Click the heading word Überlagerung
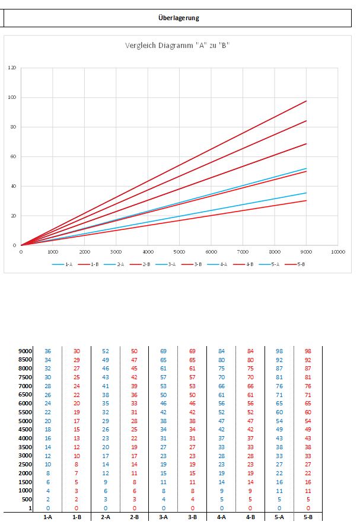(x=179, y=18)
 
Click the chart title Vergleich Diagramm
(x=177, y=46)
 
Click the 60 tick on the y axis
(x=14, y=156)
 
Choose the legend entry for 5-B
(x=297, y=264)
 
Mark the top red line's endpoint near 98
(x=306, y=101)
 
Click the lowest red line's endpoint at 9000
(x=306, y=200)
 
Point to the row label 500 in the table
(x=27, y=500)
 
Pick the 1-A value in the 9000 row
(x=48, y=351)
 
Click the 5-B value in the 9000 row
(x=308, y=351)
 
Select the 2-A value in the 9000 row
(x=106, y=351)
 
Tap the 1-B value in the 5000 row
(x=77, y=421)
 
